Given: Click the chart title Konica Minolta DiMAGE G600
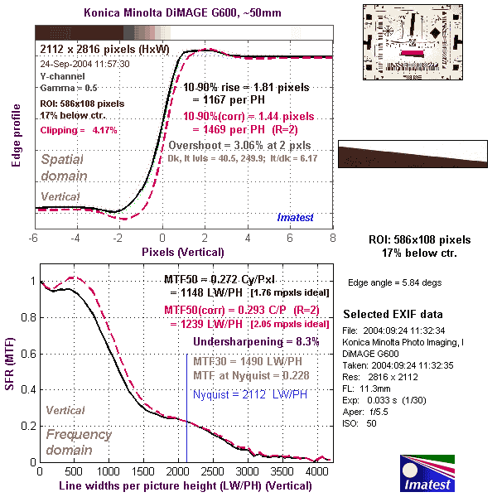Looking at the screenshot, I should click(184, 13).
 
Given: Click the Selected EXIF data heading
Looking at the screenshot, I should click(393, 316).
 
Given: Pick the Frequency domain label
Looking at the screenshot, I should click(80, 442).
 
